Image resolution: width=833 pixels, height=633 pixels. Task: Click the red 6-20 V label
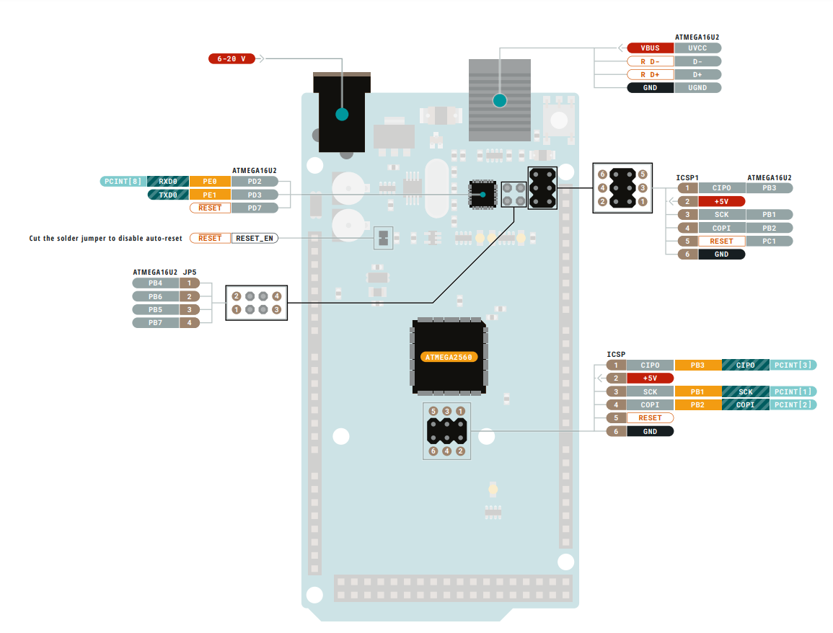click(x=232, y=58)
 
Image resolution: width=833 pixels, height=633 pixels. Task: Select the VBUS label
click(x=650, y=48)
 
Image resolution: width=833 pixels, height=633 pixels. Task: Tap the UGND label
click(x=697, y=88)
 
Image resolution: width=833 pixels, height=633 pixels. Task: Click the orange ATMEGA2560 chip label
click(x=449, y=357)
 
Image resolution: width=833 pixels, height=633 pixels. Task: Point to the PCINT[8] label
click(x=122, y=181)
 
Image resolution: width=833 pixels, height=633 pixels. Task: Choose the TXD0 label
click(x=168, y=195)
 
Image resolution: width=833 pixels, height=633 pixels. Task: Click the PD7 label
click(x=255, y=208)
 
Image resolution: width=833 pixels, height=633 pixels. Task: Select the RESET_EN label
click(x=255, y=238)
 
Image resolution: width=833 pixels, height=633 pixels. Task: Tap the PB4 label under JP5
click(x=155, y=283)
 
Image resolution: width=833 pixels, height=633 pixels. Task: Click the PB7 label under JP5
click(x=155, y=322)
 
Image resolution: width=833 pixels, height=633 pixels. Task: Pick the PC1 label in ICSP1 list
click(x=769, y=241)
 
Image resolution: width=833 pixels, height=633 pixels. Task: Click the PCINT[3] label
click(x=793, y=365)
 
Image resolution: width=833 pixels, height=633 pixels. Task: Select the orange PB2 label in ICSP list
click(x=697, y=404)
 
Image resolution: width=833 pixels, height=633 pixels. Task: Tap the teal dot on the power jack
click(x=342, y=114)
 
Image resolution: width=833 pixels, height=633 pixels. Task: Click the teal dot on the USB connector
click(x=499, y=100)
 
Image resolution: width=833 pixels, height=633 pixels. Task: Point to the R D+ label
click(x=650, y=75)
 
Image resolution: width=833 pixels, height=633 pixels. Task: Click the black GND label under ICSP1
click(x=721, y=254)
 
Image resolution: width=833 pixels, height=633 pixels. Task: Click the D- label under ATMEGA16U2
click(x=697, y=61)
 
